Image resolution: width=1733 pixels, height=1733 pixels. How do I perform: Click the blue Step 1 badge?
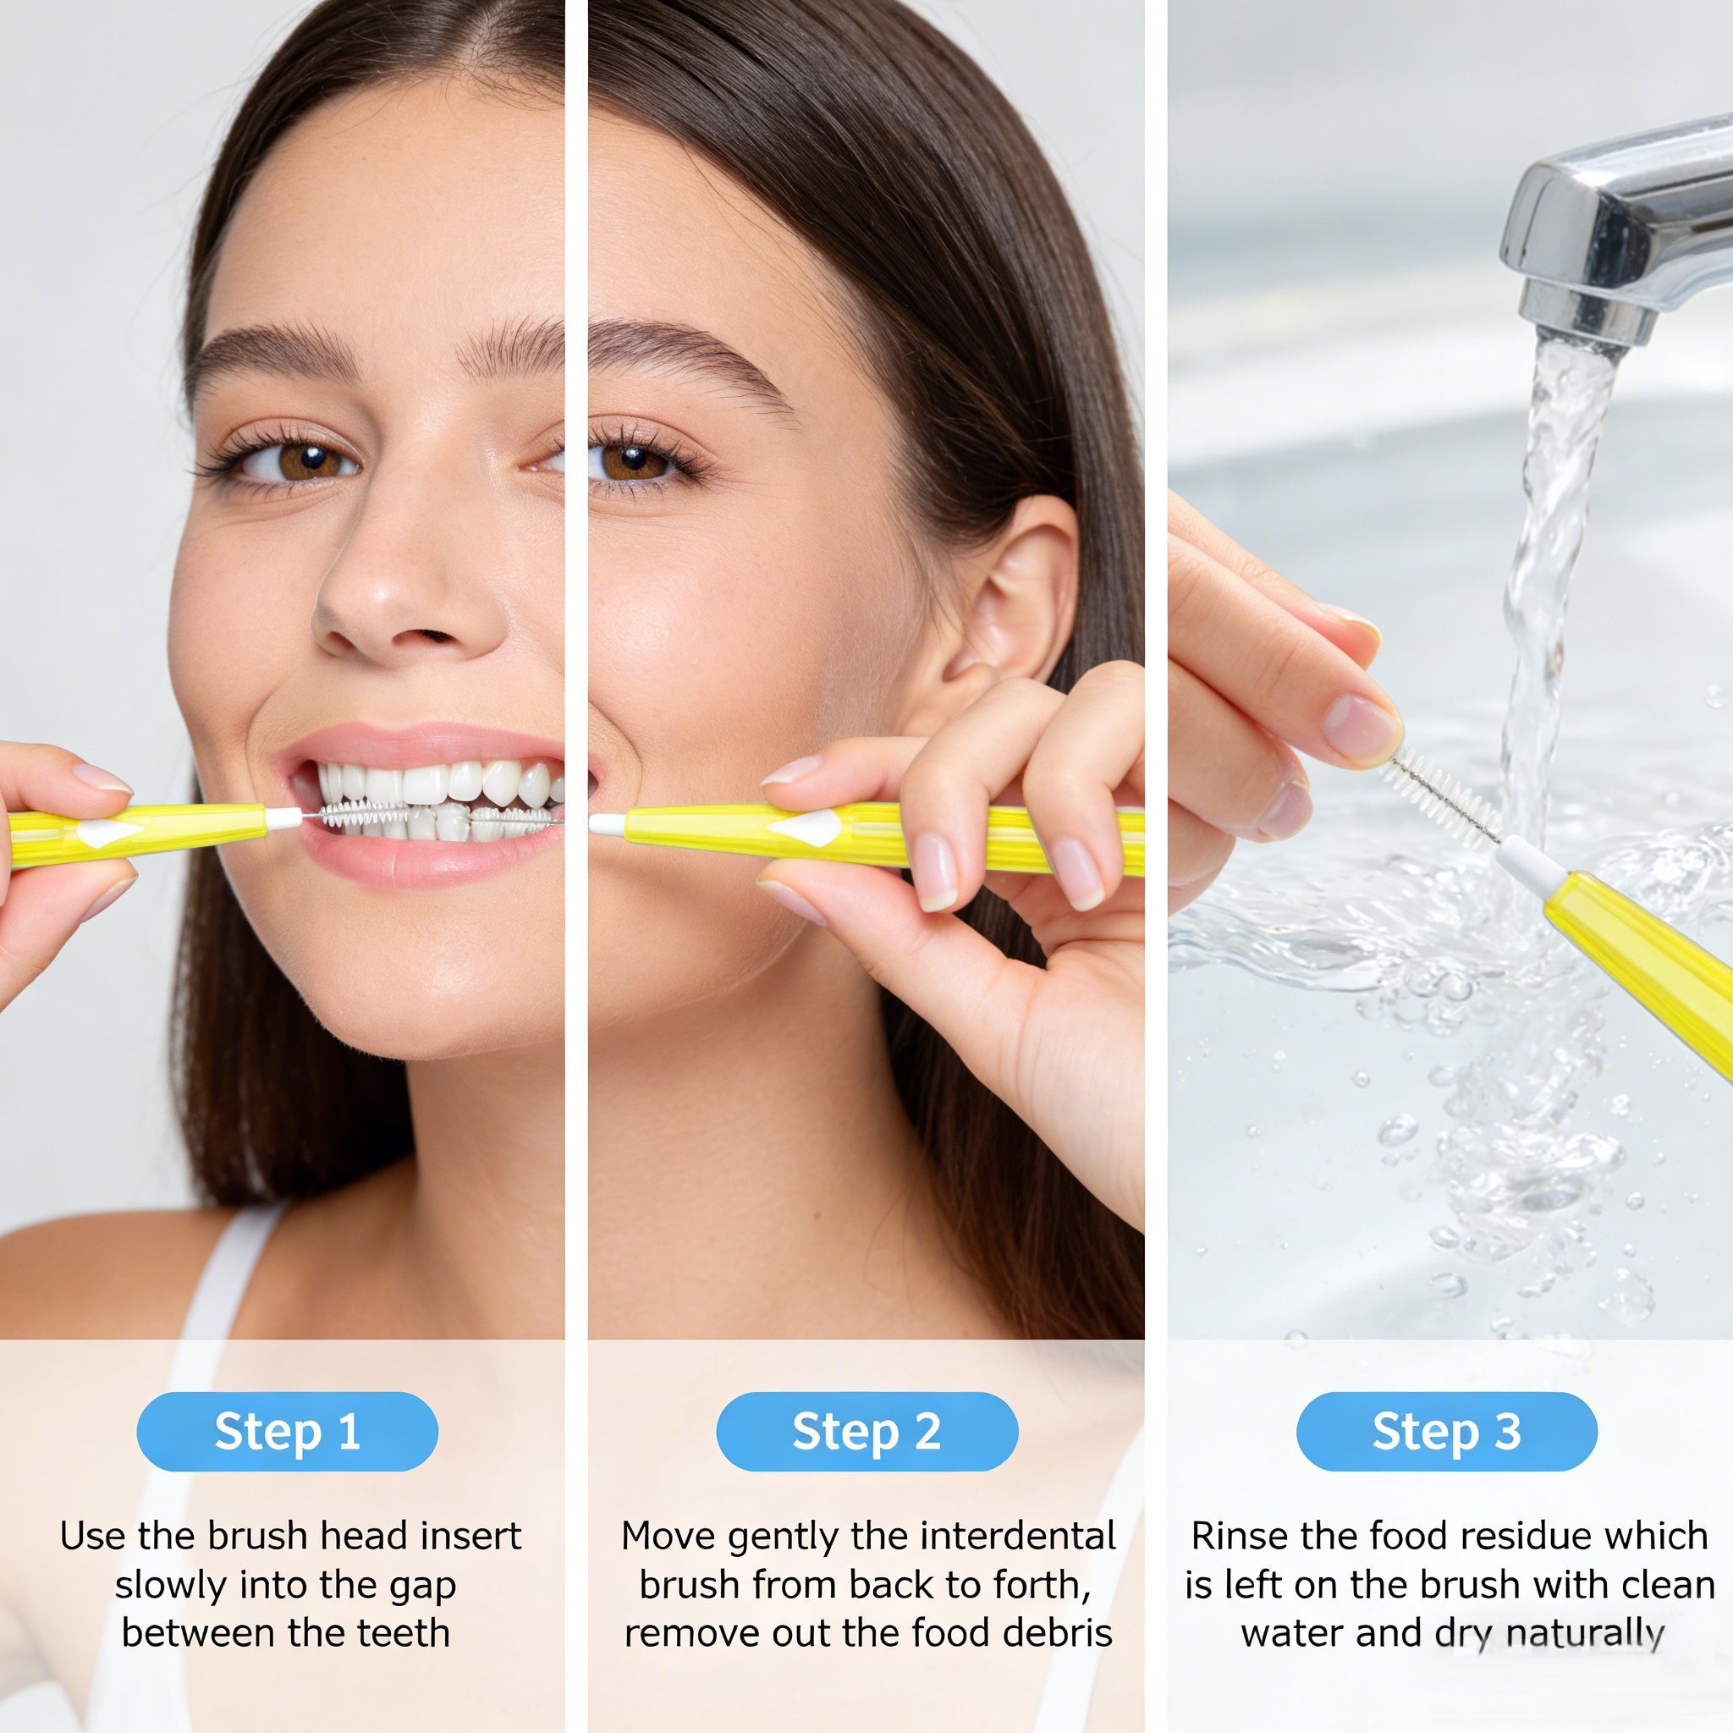(287, 1431)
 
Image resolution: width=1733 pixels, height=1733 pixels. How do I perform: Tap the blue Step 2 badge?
(866, 1431)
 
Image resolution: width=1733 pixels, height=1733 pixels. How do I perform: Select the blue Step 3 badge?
(1446, 1431)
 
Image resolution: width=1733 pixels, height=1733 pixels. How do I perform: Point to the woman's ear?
(1014, 601)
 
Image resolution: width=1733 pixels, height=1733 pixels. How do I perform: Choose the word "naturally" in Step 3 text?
(1584, 1634)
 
